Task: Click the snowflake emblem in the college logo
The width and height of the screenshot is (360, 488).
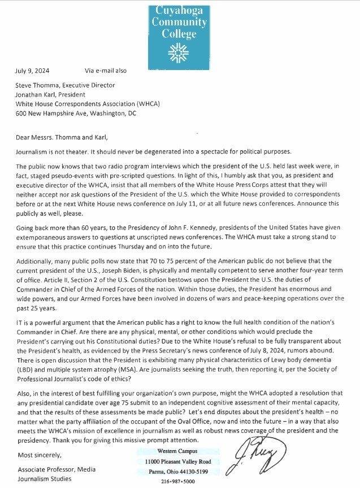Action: [x=180, y=51]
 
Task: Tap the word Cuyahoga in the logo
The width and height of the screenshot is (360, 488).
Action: [x=180, y=10]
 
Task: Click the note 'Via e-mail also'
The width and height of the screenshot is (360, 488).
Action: [x=106, y=71]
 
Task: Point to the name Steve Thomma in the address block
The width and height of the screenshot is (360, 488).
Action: [x=37, y=85]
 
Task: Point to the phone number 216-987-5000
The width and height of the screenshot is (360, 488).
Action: [x=180, y=481]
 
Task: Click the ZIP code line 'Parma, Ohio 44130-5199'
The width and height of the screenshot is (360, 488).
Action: [x=180, y=470]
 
